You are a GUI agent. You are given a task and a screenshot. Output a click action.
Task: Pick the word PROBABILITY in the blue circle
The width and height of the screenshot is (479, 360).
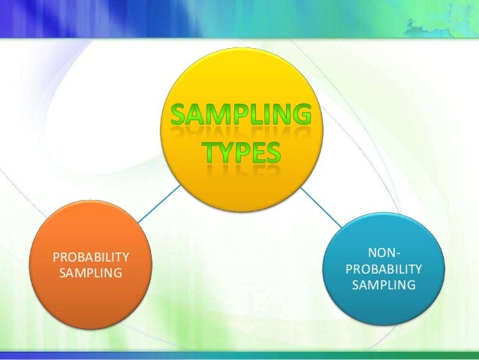(x=384, y=269)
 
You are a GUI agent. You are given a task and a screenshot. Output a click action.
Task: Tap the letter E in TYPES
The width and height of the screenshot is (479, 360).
(x=258, y=153)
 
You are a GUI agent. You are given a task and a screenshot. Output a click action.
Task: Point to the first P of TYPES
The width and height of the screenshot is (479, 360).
(x=243, y=153)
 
